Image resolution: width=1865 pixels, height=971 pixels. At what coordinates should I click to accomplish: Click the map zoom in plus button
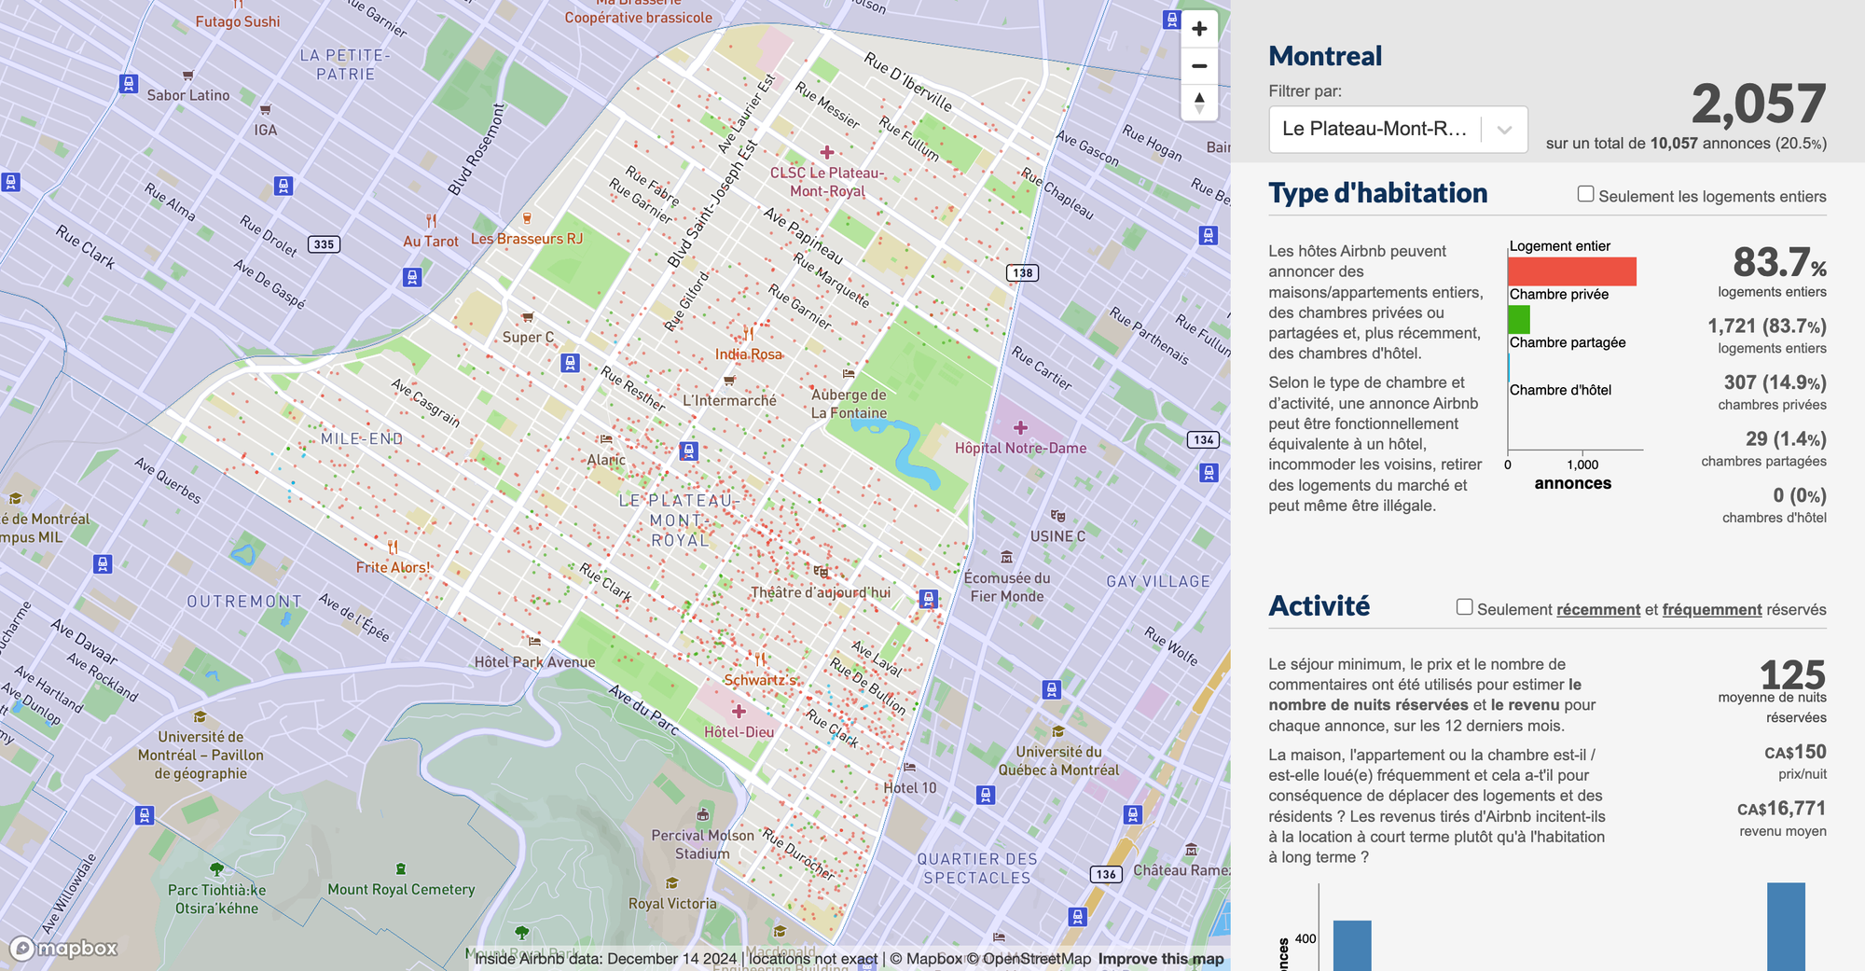tap(1199, 29)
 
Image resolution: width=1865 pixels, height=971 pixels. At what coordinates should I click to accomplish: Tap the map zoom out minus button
tap(1199, 66)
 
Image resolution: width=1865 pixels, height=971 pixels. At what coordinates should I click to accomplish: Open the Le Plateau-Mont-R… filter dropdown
tap(1397, 129)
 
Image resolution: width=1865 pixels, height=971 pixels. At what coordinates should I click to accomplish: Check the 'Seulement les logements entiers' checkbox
tap(1585, 194)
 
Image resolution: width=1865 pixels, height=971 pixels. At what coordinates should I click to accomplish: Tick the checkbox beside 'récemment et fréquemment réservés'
tap(1464, 607)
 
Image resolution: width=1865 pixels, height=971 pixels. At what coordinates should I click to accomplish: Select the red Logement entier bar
tap(1571, 271)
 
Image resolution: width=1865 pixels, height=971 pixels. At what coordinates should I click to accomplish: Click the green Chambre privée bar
tap(1519, 319)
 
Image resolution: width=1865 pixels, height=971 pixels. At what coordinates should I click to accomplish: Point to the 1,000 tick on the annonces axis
tap(1582, 464)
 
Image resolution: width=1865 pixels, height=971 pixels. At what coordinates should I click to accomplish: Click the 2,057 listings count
tap(1758, 104)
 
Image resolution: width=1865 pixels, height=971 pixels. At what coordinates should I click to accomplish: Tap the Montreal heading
tap(1325, 56)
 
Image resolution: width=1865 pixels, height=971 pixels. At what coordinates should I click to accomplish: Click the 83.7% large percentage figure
tap(1778, 263)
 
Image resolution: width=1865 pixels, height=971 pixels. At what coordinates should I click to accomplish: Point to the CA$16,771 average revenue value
tap(1781, 809)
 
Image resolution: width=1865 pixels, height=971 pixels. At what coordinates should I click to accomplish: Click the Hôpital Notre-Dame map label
tap(1020, 448)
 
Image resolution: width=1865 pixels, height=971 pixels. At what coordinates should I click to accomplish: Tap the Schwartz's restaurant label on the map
tap(761, 680)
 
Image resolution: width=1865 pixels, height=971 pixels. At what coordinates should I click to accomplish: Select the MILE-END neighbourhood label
tap(362, 438)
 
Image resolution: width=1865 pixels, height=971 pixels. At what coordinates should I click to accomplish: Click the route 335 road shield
tap(324, 244)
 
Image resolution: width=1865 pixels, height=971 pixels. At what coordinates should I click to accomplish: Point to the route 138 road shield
tap(1022, 273)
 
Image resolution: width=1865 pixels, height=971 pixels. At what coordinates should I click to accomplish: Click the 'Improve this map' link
tap(1160, 959)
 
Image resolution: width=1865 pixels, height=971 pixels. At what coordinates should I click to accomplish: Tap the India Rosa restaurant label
tap(748, 354)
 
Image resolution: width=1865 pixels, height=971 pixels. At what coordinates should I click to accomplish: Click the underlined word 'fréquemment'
tap(1711, 610)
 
